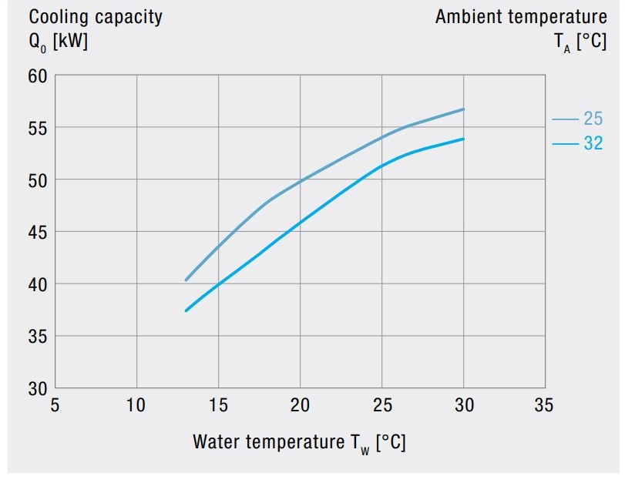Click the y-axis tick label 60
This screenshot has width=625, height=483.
tap(39, 76)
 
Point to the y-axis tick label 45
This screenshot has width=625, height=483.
tap(39, 233)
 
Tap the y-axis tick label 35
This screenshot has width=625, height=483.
tap(39, 337)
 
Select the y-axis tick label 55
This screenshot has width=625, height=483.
tap(39, 128)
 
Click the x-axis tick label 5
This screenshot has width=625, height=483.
tap(55, 405)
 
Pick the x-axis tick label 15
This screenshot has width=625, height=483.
tap(218, 405)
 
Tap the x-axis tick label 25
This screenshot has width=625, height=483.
tap(381, 405)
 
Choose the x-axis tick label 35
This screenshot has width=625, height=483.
tap(544, 405)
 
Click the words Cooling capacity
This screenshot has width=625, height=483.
tap(96, 17)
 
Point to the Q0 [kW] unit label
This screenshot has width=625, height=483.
tap(59, 42)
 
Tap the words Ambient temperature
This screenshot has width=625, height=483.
tap(521, 17)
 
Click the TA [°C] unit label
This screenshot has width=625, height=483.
tap(580, 42)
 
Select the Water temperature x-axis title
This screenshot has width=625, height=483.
tap(299, 443)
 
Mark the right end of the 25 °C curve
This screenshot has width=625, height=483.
tap(464, 109)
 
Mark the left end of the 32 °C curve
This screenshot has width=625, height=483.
tap(186, 310)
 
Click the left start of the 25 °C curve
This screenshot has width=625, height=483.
tap(186, 280)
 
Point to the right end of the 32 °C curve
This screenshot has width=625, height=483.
tap(464, 139)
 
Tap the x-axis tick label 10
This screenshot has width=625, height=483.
tap(136, 405)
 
